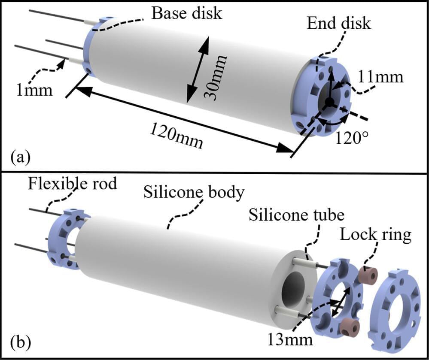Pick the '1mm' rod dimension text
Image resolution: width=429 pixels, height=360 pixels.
34,91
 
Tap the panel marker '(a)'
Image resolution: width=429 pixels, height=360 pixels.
21,157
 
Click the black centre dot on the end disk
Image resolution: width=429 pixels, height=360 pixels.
329,102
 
